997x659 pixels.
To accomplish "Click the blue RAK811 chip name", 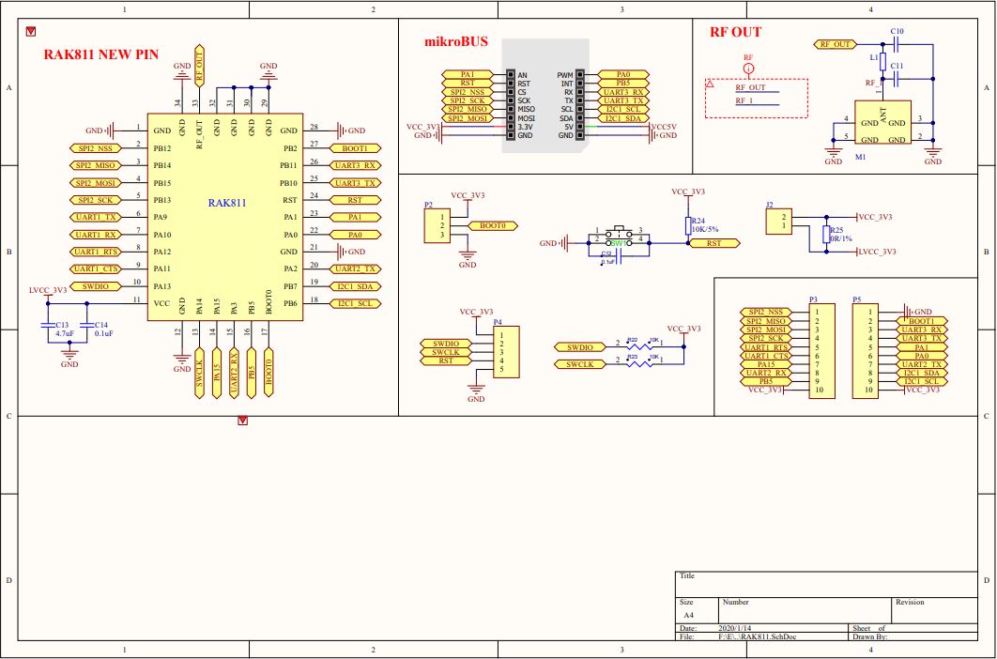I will pos(227,202).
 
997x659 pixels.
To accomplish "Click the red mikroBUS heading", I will pos(457,42).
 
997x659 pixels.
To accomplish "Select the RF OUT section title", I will pos(735,32).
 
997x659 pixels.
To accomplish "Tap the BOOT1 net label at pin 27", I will pos(355,148).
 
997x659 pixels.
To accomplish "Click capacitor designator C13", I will pos(62,325).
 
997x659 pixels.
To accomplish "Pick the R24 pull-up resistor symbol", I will pos(685,225).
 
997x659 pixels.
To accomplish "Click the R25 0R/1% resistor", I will pos(827,234).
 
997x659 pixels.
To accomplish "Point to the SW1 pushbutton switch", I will pos(617,236).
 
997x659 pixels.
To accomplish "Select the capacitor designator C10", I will pos(897,32).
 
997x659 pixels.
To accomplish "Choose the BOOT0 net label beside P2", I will pos(493,225).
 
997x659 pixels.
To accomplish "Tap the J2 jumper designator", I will pos(769,205).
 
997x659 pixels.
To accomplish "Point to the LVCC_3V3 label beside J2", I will pos(878,252).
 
